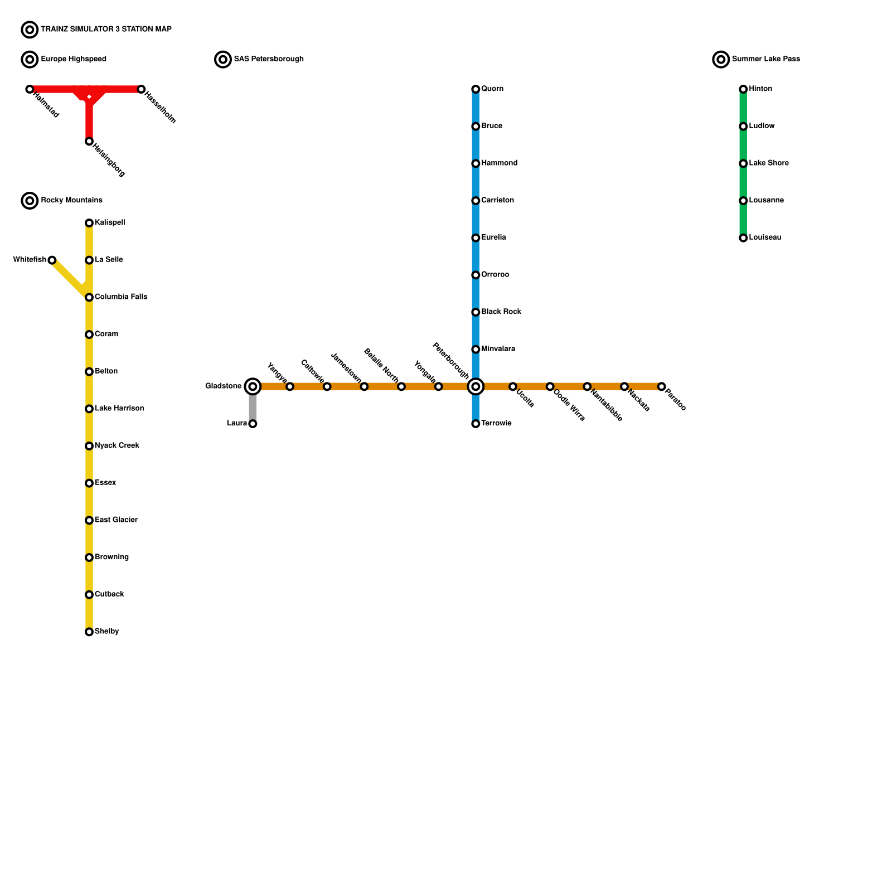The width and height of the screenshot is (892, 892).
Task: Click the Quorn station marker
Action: coord(476,89)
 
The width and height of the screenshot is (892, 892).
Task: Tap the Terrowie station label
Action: coord(496,423)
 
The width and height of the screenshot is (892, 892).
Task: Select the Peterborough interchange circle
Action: coord(476,386)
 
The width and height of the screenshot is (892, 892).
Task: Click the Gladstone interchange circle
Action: coord(253,386)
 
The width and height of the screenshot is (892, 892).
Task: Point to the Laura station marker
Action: coord(253,424)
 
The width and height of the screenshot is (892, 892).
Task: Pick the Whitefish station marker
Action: coord(52,260)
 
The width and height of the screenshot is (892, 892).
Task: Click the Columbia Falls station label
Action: coord(121,297)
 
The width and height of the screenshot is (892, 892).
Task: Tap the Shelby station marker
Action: coord(89,632)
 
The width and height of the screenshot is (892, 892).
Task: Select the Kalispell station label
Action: coord(110,222)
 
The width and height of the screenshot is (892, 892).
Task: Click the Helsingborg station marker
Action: coord(89,142)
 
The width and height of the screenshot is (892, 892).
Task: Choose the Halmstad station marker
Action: coord(30,89)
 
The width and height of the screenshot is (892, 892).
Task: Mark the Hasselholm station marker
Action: coord(141,89)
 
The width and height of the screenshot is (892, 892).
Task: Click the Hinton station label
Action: coord(760,89)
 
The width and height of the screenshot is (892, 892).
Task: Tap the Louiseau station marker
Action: coord(743,238)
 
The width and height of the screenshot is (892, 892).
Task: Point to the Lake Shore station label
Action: coord(769,163)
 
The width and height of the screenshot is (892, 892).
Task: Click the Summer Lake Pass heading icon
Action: coord(721,59)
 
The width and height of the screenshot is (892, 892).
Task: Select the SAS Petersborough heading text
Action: coord(269,59)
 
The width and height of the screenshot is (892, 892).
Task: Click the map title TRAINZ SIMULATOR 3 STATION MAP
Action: coord(106,29)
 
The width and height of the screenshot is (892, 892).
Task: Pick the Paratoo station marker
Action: coord(661,386)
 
